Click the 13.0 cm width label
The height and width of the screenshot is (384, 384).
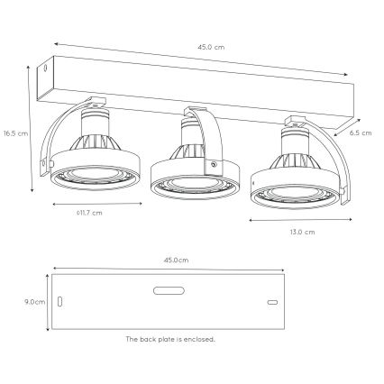point(303,231)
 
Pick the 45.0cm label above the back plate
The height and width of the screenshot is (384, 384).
point(176,259)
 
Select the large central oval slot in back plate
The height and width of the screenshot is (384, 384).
point(169,290)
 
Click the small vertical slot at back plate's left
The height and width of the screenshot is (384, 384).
point(60,302)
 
